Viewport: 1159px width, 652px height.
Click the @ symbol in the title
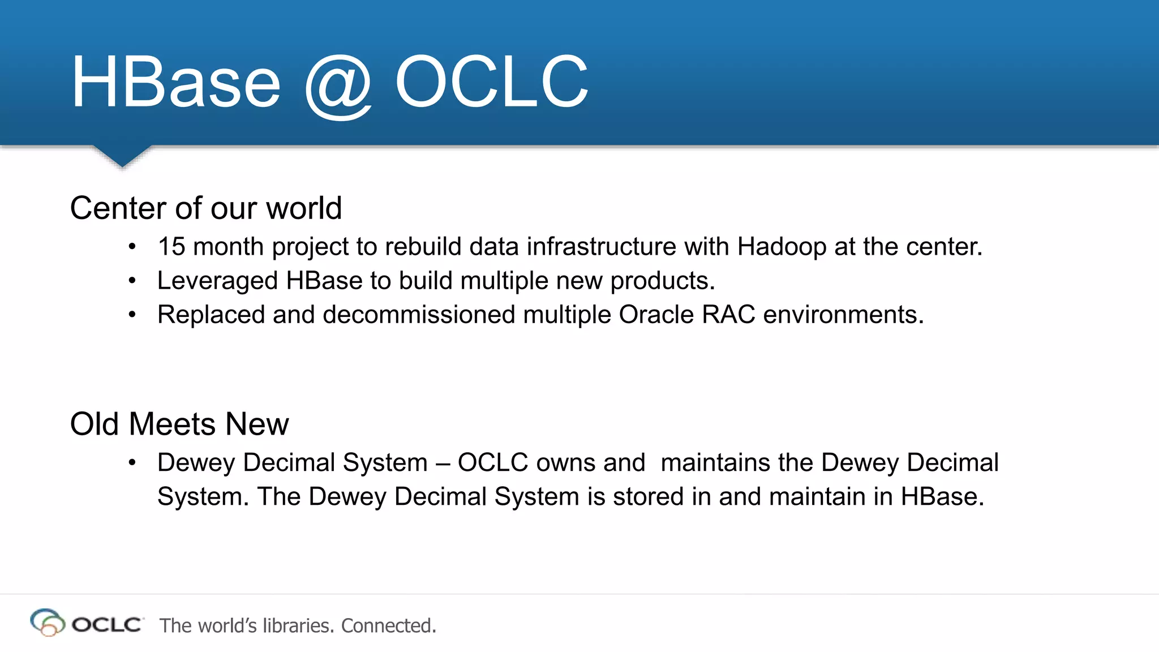[x=338, y=85]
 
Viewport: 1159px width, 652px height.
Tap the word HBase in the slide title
[x=175, y=83]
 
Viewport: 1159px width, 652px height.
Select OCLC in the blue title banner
[x=491, y=81]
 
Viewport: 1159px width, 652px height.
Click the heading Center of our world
[x=206, y=208]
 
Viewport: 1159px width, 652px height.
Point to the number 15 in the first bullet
[x=171, y=247]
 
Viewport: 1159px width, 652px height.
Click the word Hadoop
[x=782, y=247]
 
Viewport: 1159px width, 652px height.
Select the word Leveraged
[x=217, y=281]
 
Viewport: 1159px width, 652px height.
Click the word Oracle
[x=656, y=315]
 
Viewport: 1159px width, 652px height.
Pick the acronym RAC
[x=728, y=315]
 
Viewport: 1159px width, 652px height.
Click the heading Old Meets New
[x=179, y=424]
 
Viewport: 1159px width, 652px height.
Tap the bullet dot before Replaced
[x=132, y=315]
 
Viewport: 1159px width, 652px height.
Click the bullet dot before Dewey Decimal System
[x=132, y=463]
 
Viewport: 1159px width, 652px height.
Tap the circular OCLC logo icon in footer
[x=47, y=623]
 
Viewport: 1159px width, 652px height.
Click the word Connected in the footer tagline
[x=388, y=625]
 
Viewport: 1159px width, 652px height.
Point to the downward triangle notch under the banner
[x=122, y=155]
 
